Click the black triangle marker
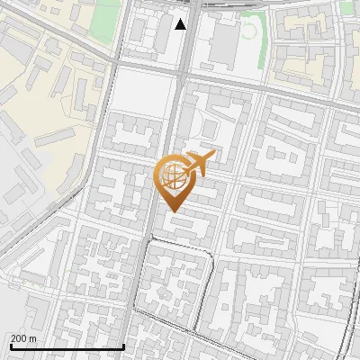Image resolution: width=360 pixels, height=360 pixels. [x=181, y=24]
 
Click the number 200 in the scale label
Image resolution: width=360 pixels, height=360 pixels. [x=18, y=338]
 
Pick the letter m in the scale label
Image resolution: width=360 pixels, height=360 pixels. [x=32, y=338]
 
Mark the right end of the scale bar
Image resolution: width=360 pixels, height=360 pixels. [x=123, y=347]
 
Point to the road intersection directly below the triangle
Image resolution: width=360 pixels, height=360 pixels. [x=182, y=72]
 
